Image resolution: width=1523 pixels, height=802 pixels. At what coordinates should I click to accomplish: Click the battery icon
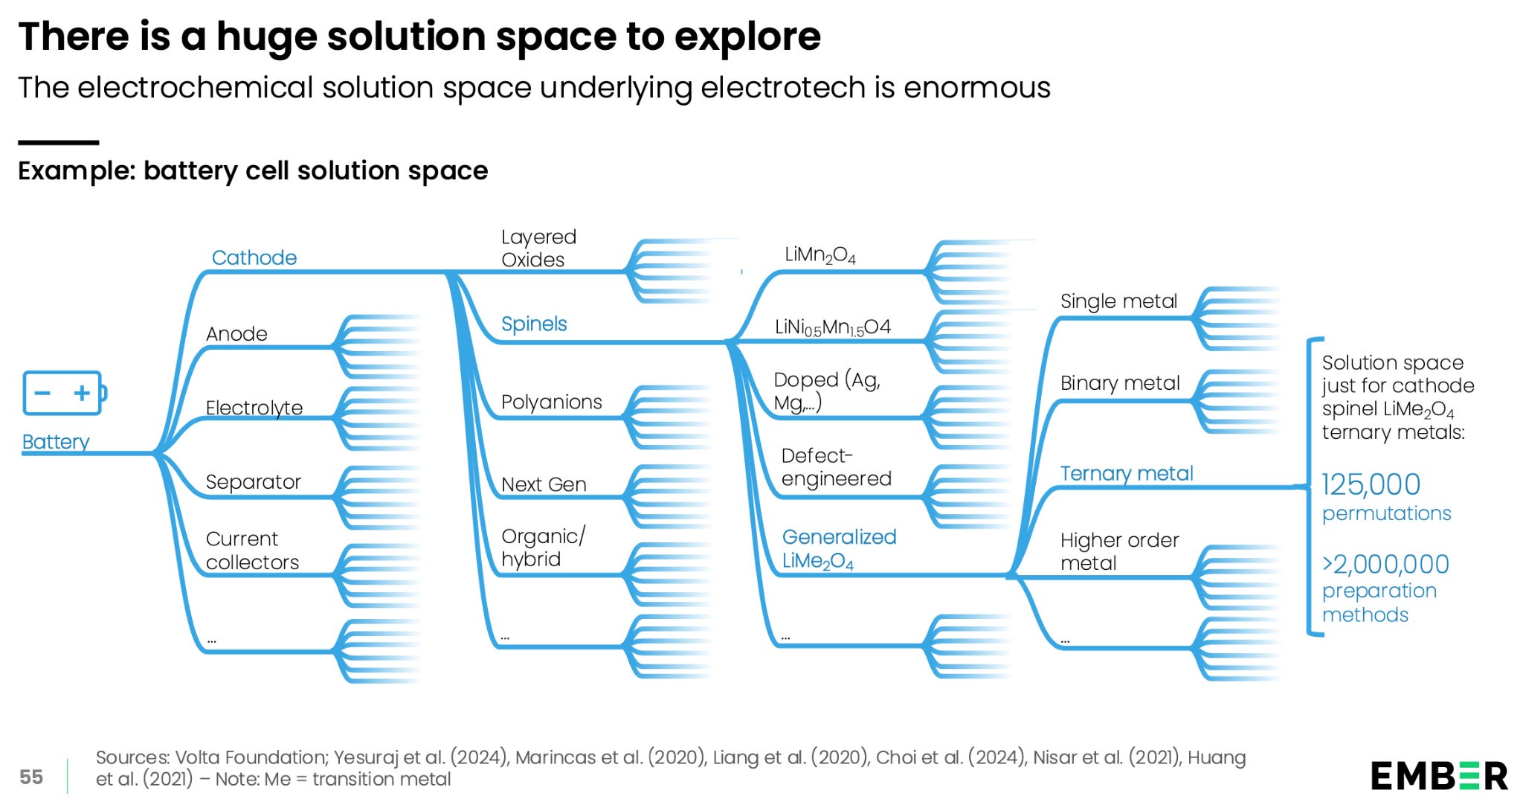[x=65, y=393]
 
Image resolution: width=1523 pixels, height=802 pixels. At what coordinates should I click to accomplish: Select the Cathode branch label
[x=254, y=257]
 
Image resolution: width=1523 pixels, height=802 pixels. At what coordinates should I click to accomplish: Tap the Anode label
[x=236, y=333]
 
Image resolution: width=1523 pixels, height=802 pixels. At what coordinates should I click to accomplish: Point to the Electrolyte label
[x=254, y=407]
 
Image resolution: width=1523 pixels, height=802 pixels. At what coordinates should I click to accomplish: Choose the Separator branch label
[x=254, y=481]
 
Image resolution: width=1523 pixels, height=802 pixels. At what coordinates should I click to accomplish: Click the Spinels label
[x=534, y=324]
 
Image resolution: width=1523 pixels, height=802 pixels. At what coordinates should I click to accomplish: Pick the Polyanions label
[x=551, y=402]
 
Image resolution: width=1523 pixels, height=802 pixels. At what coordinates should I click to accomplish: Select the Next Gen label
[x=544, y=484]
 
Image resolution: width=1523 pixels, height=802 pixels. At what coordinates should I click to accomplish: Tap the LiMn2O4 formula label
[x=820, y=255]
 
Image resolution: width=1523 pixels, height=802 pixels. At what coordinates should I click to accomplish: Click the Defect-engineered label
[x=836, y=466]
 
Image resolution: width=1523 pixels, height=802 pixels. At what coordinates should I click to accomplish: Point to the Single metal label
[x=1118, y=301]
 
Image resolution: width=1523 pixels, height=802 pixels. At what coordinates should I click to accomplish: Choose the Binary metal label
[x=1120, y=383]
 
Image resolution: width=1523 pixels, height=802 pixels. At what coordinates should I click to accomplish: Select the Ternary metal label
[x=1127, y=473]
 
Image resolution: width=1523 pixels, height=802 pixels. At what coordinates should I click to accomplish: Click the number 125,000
[x=1371, y=485]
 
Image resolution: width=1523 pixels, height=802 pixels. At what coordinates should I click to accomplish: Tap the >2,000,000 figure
[x=1385, y=564]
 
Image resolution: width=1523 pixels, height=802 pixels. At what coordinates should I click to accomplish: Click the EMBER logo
[x=1439, y=776]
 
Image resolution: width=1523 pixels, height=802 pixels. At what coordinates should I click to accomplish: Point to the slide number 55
[x=31, y=777]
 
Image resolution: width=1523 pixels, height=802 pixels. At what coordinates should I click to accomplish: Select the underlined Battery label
[x=56, y=442]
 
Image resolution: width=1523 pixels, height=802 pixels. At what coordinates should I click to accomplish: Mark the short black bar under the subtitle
[x=58, y=142]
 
